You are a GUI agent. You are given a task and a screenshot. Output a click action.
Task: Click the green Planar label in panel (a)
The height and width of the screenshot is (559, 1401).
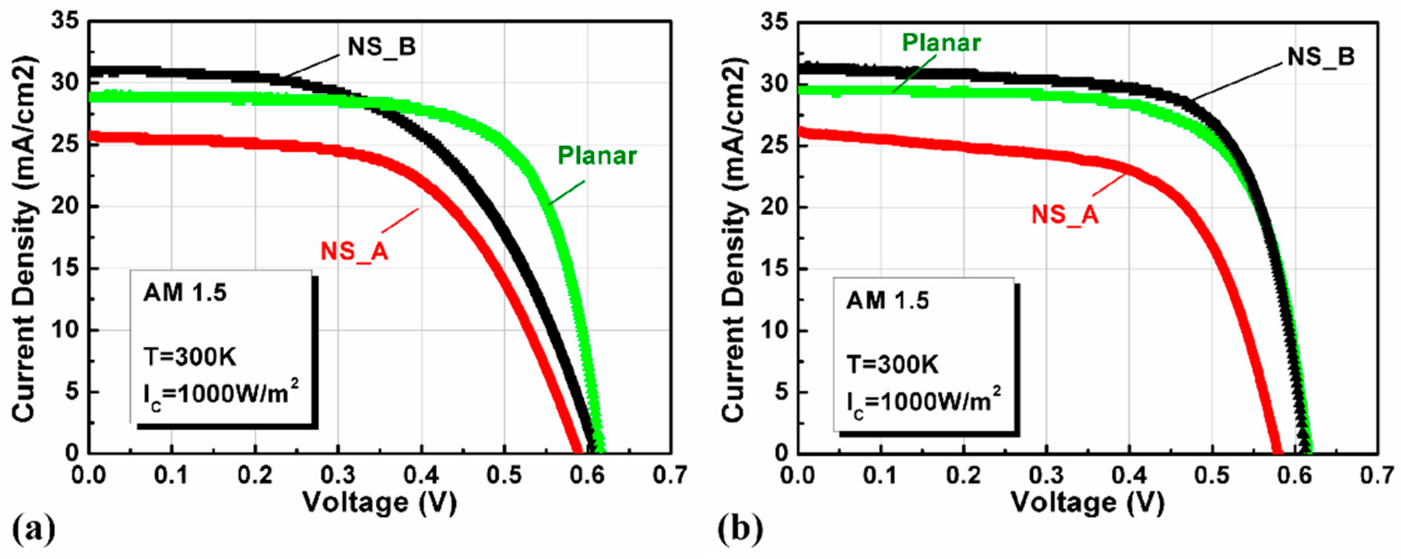(x=597, y=156)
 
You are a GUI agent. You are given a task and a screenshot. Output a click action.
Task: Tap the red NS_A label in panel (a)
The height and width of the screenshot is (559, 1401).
(x=354, y=252)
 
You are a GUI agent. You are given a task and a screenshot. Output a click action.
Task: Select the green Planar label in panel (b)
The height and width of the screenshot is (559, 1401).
(x=941, y=43)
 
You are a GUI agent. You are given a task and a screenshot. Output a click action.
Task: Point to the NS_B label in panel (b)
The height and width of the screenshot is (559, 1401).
(x=1321, y=57)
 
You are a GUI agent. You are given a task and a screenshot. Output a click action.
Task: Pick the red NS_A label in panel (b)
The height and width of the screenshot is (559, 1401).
(x=1065, y=215)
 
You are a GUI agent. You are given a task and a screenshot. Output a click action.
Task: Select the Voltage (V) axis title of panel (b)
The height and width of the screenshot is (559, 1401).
(x=1088, y=502)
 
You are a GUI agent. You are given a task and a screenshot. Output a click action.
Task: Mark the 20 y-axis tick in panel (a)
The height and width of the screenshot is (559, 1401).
(x=66, y=207)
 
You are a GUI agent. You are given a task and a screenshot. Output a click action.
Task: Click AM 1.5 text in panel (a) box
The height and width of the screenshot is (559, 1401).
(x=185, y=294)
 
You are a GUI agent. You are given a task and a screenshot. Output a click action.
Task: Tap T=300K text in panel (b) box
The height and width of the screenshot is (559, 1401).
(x=892, y=365)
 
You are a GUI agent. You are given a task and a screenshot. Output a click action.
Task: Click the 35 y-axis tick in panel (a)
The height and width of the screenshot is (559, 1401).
(x=66, y=22)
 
